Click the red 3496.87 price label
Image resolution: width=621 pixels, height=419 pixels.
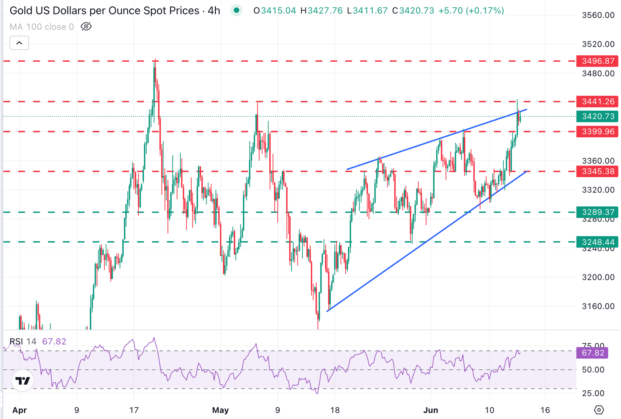pyautogui.click(x=598, y=61)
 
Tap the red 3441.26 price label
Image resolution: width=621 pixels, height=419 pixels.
pyautogui.click(x=598, y=101)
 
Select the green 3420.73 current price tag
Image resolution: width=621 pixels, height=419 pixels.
pyautogui.click(x=598, y=116)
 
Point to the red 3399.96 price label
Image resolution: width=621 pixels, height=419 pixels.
pyautogui.click(x=598, y=132)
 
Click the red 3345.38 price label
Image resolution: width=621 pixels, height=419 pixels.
pyautogui.click(x=598, y=171)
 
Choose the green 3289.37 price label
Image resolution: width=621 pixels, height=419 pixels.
pyautogui.click(x=598, y=212)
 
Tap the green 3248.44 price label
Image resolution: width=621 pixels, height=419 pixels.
pyautogui.click(x=598, y=242)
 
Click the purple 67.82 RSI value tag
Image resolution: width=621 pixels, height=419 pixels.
pyautogui.click(x=593, y=353)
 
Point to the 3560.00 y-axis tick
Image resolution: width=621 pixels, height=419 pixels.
pyautogui.click(x=598, y=15)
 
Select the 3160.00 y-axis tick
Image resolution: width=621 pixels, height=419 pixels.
pyautogui.click(x=598, y=306)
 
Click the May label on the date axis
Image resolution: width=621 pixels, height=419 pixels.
pyautogui.click(x=220, y=410)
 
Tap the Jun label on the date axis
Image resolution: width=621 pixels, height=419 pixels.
pyautogui.click(x=431, y=410)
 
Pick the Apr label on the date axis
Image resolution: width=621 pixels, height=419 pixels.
pyautogui.click(x=19, y=410)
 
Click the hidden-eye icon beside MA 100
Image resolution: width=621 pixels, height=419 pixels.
pyautogui.click(x=86, y=27)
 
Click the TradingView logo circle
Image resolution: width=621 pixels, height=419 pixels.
pyautogui.click(x=23, y=381)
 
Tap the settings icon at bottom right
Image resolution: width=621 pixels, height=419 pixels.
pyautogui.click(x=599, y=410)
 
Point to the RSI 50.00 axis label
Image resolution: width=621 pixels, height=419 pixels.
pyautogui.click(x=593, y=369)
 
